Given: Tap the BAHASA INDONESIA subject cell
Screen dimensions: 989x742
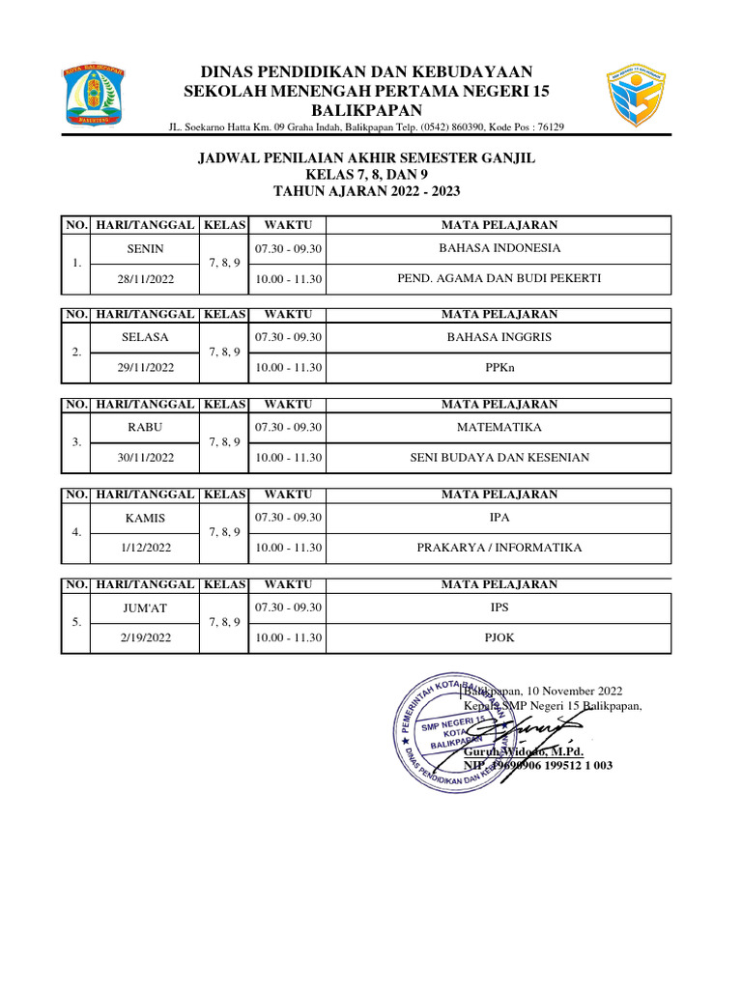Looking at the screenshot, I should (499, 248).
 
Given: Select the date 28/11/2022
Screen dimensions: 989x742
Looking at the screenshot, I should (145, 278).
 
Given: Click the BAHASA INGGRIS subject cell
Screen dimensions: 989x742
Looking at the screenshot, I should (499, 337).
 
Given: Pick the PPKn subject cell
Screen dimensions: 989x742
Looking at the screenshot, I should (499, 368).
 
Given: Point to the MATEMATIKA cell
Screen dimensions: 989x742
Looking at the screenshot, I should (499, 427).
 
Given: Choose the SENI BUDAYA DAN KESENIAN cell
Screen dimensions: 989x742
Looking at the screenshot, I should (499, 458).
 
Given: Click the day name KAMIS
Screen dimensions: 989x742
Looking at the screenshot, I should (145, 518).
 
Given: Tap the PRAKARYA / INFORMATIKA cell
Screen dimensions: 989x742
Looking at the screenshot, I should (499, 548).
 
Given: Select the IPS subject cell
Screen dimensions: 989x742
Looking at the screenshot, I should (499, 608).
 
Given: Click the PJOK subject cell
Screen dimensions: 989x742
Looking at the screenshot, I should (499, 638).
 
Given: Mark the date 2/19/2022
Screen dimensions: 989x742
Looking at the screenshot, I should (145, 638).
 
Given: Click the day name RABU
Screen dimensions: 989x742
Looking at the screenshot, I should (145, 427).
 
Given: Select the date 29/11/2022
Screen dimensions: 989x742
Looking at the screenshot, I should (145, 368).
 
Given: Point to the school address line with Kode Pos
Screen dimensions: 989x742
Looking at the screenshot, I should (366, 127).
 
